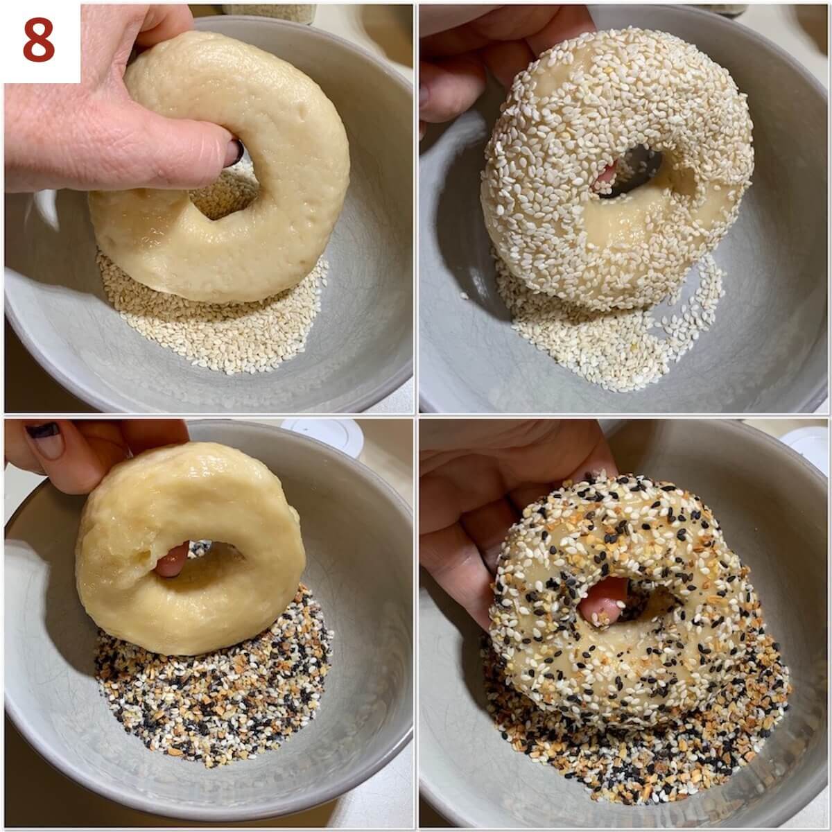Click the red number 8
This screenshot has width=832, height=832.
tap(39, 40)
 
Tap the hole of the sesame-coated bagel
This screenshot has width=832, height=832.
tap(627, 173)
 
